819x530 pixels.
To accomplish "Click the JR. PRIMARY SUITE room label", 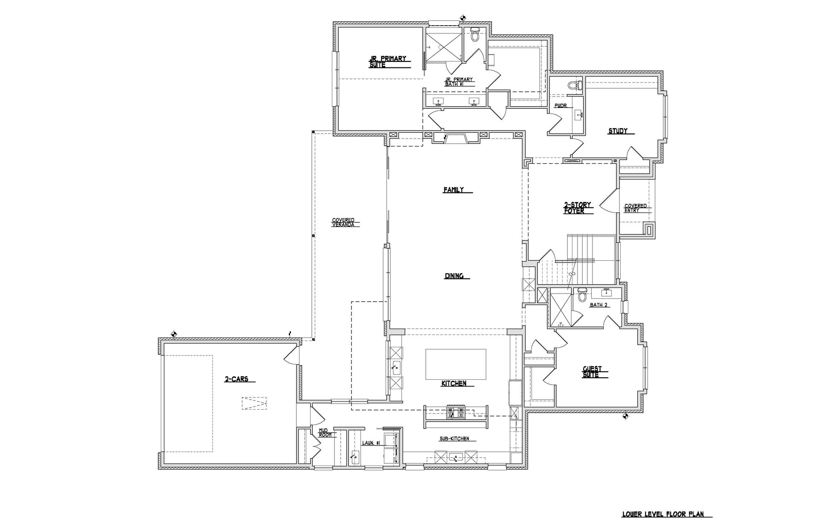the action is pos(387,62).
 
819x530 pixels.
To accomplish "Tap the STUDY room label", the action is pos(618,131).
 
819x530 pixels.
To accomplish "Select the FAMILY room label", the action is pos(453,190).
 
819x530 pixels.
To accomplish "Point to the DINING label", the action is pos(454,276).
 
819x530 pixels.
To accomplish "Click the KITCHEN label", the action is pos(454,384).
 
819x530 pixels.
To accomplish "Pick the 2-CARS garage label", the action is pos(236,379).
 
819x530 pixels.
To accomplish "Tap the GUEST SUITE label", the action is pos(592,372).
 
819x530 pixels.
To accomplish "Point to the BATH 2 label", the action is pos(598,305).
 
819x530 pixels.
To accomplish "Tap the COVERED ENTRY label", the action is pos(635,208).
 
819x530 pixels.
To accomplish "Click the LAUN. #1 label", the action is pos(371,443).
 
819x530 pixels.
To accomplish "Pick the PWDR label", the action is pos(561,106).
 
